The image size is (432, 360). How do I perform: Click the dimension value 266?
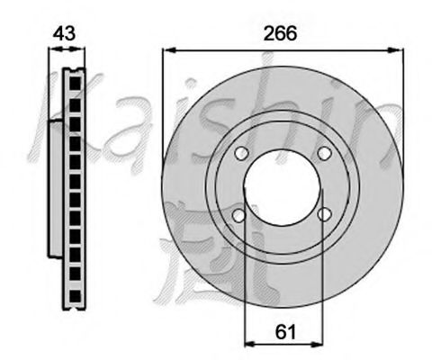point(282,33)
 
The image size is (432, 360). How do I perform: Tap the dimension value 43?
point(64,33)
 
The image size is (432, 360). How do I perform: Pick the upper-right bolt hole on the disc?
point(324,155)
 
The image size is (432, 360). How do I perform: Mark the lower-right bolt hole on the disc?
point(324,214)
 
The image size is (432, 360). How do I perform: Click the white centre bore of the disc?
point(282,184)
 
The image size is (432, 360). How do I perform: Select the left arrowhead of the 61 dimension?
point(250,345)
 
